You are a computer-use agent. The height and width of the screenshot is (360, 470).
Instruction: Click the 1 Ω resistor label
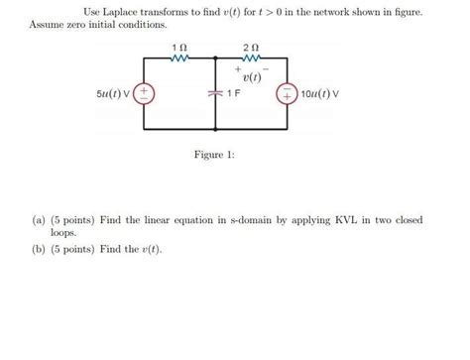click(x=177, y=49)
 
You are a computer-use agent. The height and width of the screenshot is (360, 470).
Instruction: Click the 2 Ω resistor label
click(x=250, y=49)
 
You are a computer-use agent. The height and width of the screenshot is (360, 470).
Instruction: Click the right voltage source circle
click(x=287, y=93)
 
